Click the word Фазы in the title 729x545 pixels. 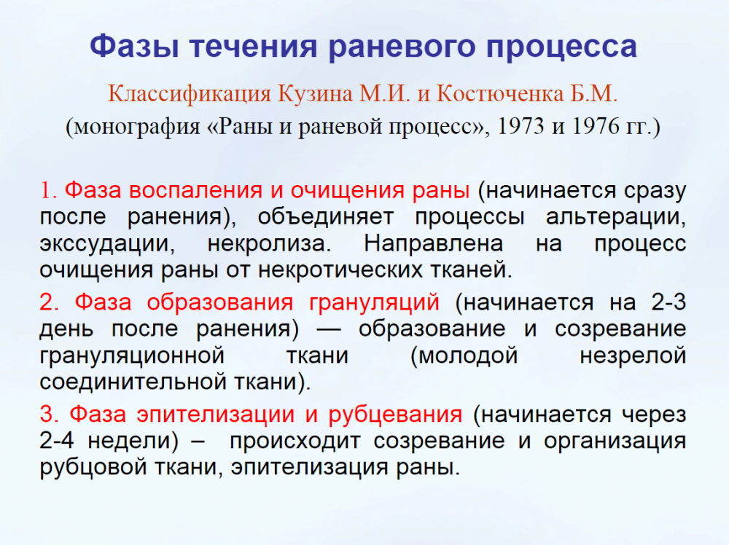(x=134, y=47)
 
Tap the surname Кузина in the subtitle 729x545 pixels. (x=315, y=94)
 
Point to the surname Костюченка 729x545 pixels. (x=500, y=94)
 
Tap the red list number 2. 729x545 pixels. (x=49, y=302)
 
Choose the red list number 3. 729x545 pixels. (x=49, y=415)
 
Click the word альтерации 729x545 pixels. (x=615, y=218)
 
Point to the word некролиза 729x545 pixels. (x=269, y=244)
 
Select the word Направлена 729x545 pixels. (x=433, y=244)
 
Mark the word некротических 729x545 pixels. (x=340, y=270)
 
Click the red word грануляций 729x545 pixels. (x=374, y=303)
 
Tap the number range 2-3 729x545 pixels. (x=668, y=302)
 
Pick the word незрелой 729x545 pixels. (x=633, y=356)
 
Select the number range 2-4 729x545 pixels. (x=57, y=441)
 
